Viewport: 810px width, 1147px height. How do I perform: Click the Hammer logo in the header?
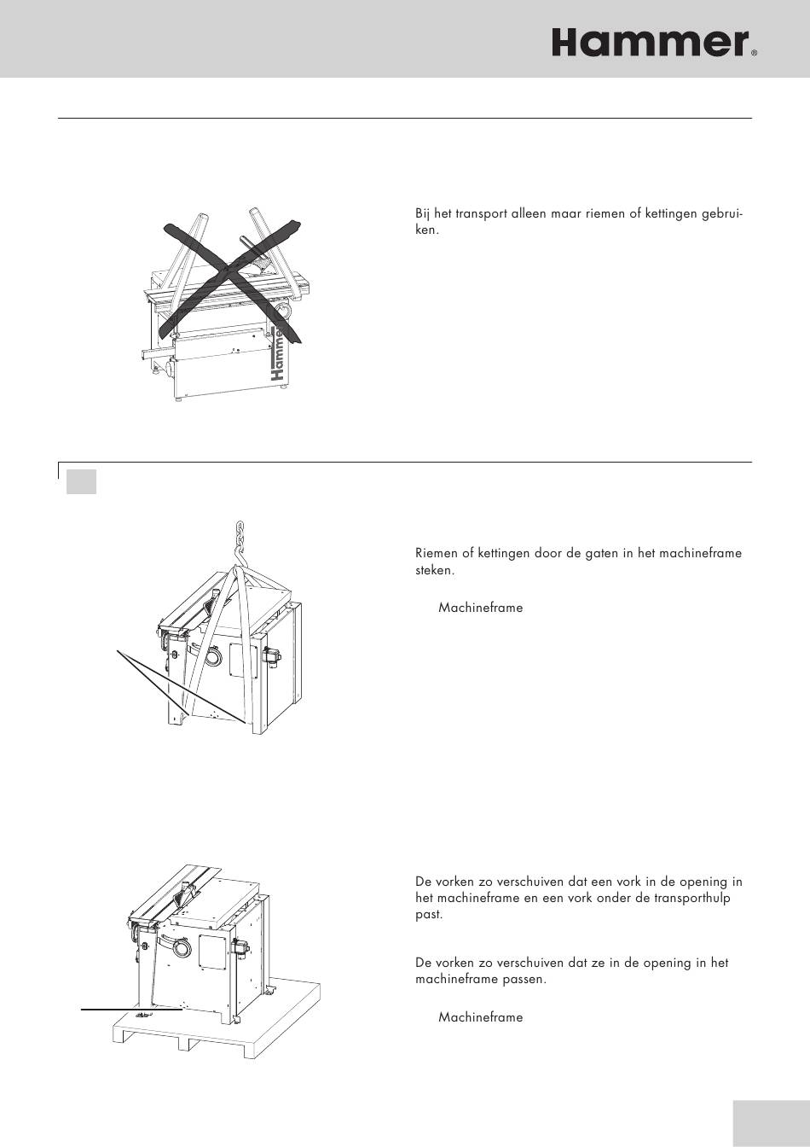pos(650,42)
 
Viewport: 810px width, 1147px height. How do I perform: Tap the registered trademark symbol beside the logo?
pos(754,53)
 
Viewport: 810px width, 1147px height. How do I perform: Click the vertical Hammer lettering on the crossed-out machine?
pos(276,352)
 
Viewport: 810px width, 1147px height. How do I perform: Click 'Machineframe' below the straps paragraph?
pos(480,608)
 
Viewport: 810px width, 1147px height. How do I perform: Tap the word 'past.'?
pos(429,914)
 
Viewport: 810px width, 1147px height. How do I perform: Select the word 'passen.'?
pos(524,979)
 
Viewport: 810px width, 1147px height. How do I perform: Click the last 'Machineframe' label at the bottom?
pos(480,1017)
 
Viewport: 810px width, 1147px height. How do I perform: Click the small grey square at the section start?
pos(81,480)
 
